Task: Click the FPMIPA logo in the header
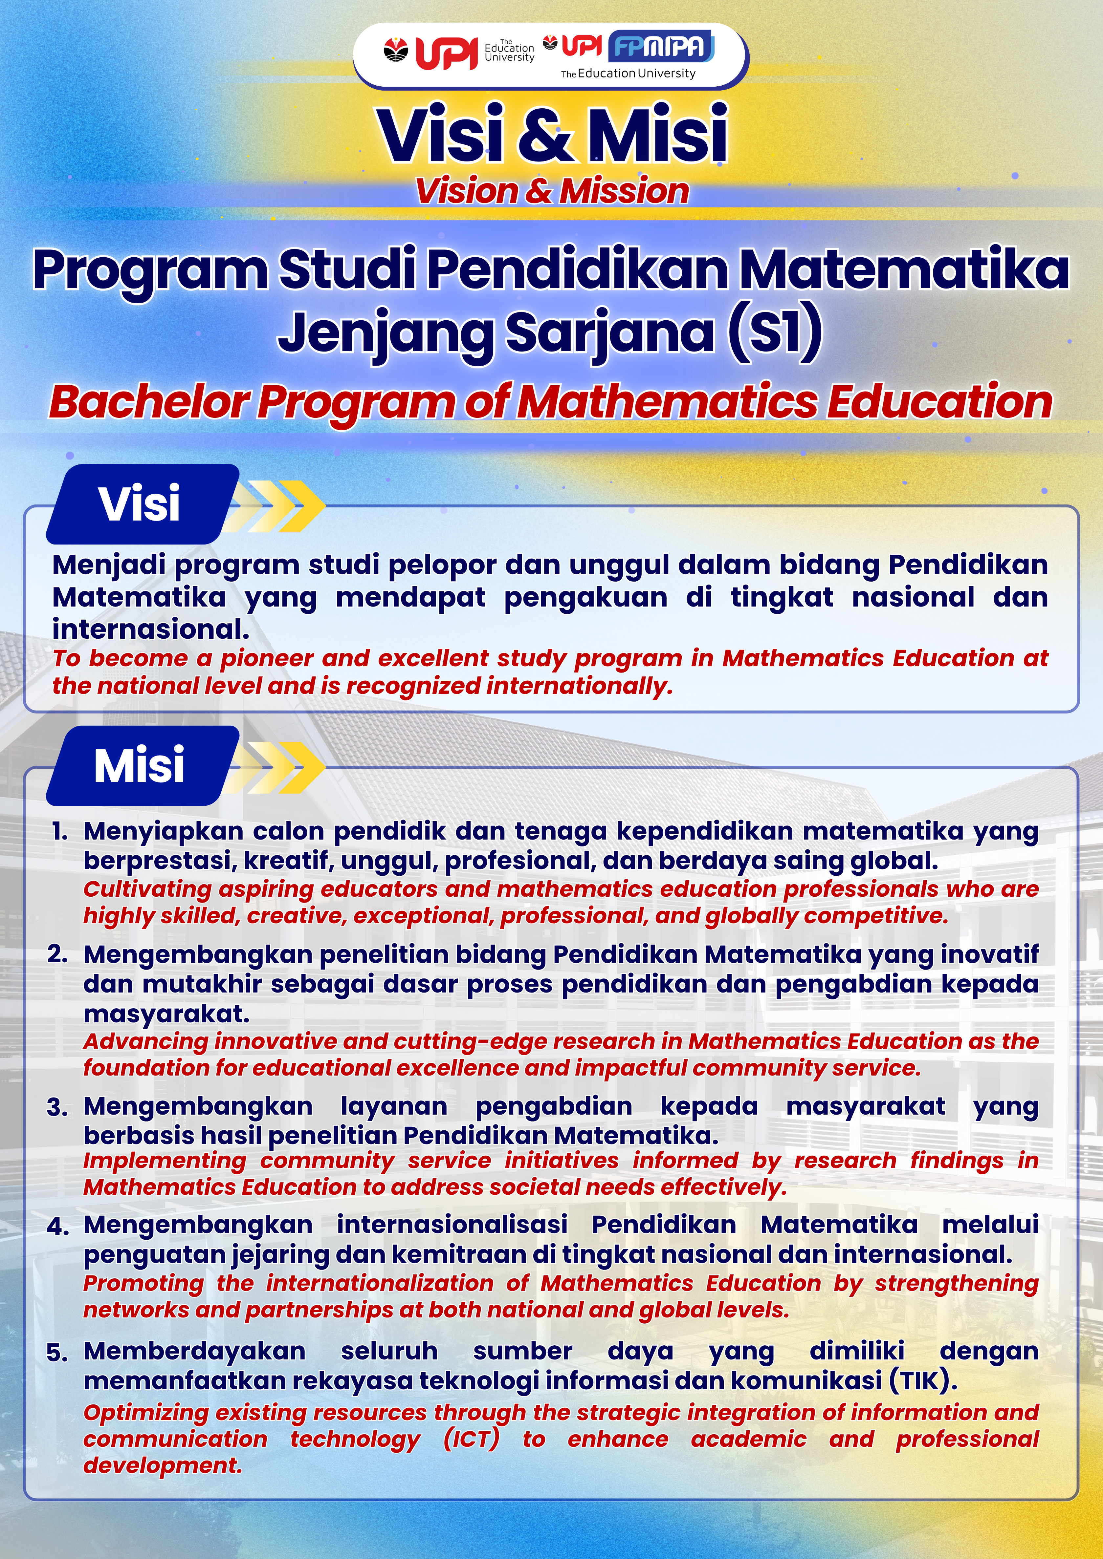[661, 46]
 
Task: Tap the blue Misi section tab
[139, 765]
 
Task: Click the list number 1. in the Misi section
[60, 831]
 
